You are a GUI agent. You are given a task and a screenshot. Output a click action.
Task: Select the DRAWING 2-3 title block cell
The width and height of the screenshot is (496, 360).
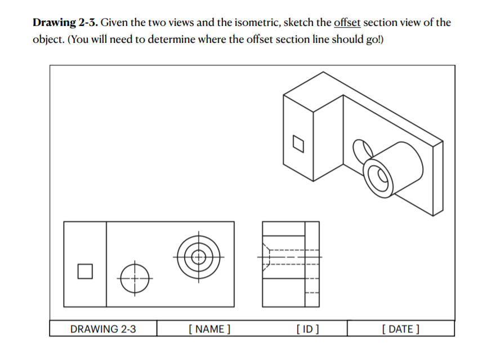point(103,329)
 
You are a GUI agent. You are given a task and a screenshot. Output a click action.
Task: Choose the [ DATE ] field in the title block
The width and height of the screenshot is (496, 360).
point(400,329)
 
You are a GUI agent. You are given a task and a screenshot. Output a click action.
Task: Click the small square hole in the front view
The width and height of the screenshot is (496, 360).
point(84,271)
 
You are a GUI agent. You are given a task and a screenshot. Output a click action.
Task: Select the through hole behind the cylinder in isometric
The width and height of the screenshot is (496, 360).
point(359,149)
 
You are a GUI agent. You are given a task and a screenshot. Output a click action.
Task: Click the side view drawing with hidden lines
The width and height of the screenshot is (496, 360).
point(291,264)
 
